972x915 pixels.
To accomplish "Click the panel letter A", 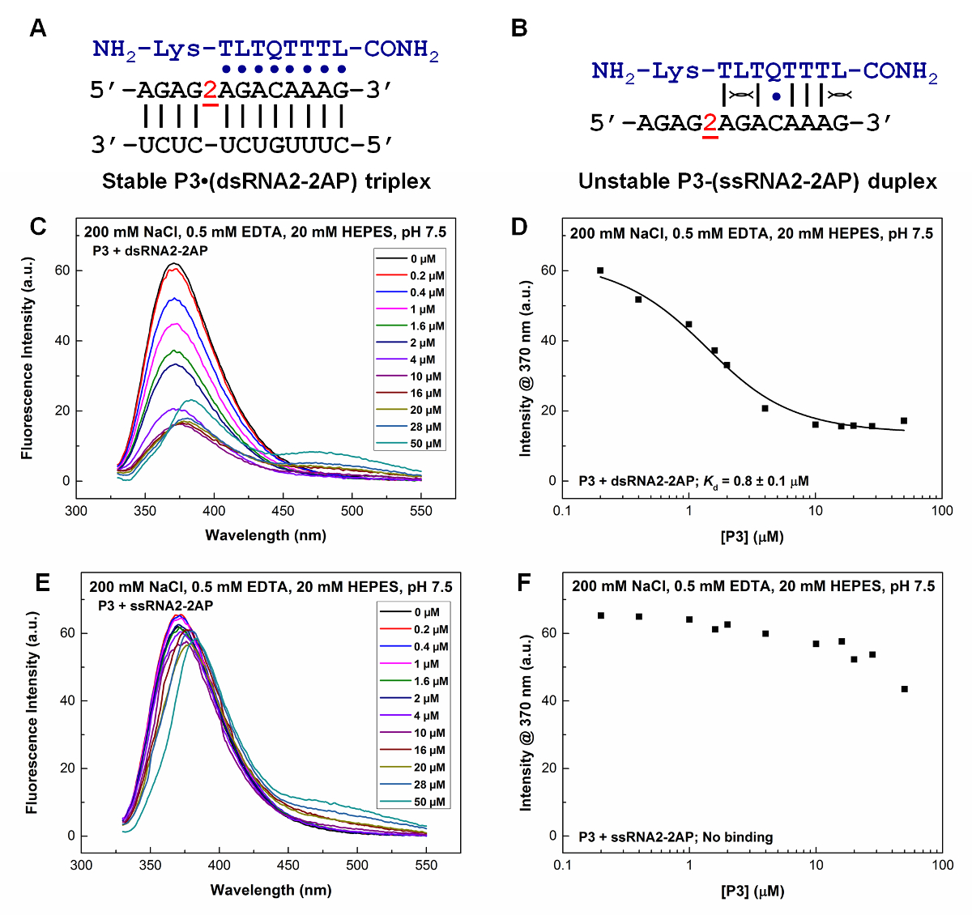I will pyautogui.click(x=37, y=29).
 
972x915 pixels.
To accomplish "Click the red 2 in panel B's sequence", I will pyautogui.click(x=710, y=124).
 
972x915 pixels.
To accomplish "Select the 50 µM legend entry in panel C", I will pyautogui.click(x=426, y=444).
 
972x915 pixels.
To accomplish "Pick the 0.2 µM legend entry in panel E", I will pyautogui.click(x=431, y=630).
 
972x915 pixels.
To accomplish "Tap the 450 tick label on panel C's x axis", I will pyautogui.click(x=283, y=511).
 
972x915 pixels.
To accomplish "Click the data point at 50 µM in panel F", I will pyautogui.click(x=904, y=689).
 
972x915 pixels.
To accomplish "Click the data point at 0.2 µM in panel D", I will pyautogui.click(x=600, y=270).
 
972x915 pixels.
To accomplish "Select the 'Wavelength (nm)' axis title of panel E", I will pyautogui.click(x=271, y=890).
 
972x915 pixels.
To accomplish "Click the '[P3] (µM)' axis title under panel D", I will pyautogui.click(x=752, y=536).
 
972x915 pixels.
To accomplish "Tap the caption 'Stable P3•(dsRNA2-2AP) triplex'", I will pyautogui.click(x=266, y=181).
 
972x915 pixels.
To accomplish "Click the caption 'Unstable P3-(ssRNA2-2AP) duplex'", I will pyautogui.click(x=757, y=181).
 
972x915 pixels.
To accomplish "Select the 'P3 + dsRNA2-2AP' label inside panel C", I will pyautogui.click(x=150, y=251).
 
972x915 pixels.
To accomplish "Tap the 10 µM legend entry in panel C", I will pyautogui.click(x=425, y=377).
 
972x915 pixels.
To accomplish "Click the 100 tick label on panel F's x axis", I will pyautogui.click(x=942, y=865).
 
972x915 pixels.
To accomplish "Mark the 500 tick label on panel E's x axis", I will pyautogui.click(x=357, y=865).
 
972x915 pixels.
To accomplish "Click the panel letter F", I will pyautogui.click(x=523, y=582).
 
